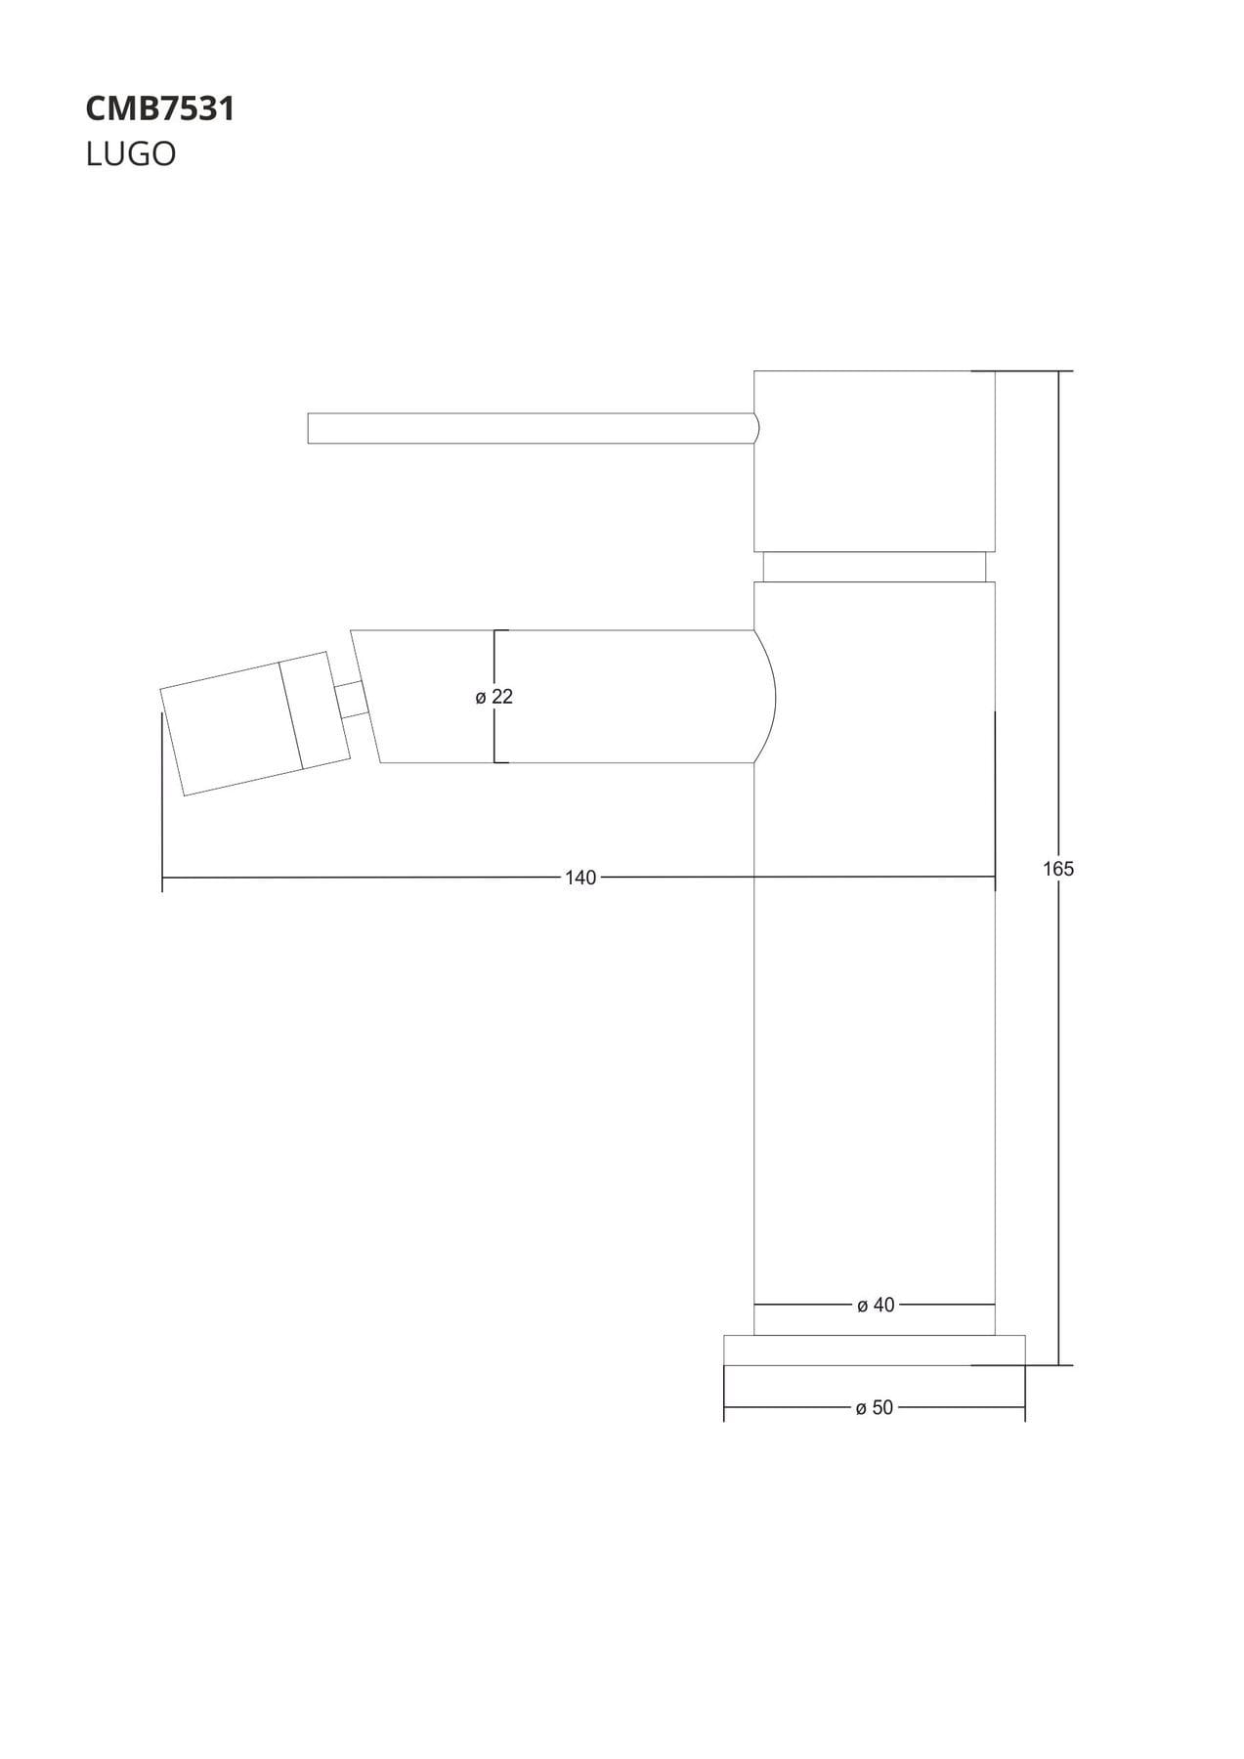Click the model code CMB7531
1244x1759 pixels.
[x=160, y=108]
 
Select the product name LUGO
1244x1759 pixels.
[x=131, y=154]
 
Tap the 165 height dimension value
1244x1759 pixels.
[x=1058, y=869]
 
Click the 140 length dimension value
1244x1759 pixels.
[x=580, y=878]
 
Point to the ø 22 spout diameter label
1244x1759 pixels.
[x=494, y=697]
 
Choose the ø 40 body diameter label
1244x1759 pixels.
[x=876, y=1305]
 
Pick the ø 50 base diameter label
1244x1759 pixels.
[x=875, y=1408]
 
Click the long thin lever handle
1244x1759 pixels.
[x=533, y=428]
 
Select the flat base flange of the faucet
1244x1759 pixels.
[x=875, y=1350]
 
